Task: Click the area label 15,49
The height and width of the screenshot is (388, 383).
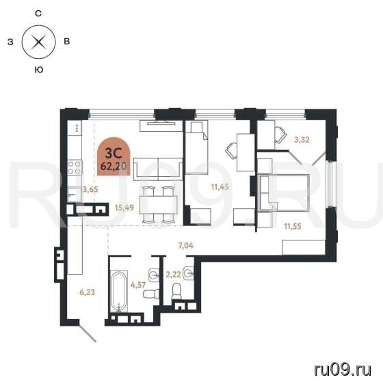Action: [124, 208]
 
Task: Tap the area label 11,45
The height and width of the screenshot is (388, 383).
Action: [220, 186]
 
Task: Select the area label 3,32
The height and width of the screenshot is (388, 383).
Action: [302, 140]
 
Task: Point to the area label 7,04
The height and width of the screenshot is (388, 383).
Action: [186, 245]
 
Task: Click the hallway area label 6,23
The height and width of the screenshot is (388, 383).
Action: [88, 292]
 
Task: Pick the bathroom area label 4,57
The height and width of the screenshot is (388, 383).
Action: [138, 285]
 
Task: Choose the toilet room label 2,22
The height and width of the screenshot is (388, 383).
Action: [173, 274]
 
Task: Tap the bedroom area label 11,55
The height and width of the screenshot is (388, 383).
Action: [293, 226]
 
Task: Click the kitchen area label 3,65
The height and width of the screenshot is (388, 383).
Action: [90, 190]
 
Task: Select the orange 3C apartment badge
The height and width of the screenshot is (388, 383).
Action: [114, 156]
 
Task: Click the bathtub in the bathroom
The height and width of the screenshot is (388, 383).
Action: [119, 291]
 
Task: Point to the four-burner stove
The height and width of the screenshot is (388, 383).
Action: [75, 167]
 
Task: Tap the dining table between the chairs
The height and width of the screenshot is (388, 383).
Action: [159, 205]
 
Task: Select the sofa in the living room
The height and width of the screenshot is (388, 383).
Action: [158, 169]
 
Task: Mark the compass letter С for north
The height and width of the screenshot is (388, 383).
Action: [38, 14]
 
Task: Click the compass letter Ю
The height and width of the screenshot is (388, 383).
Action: [39, 70]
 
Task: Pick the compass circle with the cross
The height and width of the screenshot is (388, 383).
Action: [38, 42]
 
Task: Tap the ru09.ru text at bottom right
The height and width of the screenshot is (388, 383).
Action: [343, 370]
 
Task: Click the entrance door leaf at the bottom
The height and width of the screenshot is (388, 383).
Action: [88, 333]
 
